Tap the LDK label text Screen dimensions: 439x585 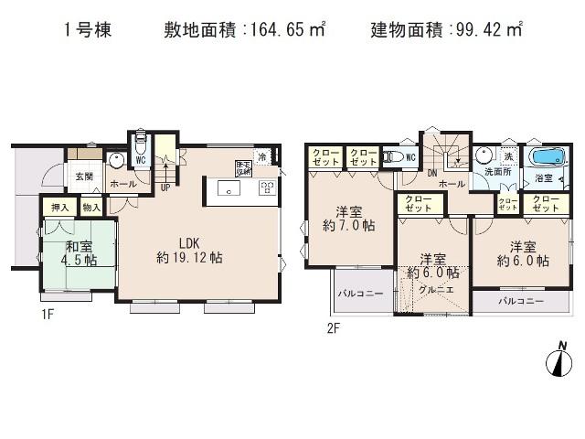[189, 243]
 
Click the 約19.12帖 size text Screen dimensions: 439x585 [189, 259]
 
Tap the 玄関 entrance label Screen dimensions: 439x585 [83, 176]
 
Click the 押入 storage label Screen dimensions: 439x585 [60, 209]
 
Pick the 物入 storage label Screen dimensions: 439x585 [90, 209]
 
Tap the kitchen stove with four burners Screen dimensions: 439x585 [268, 188]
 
